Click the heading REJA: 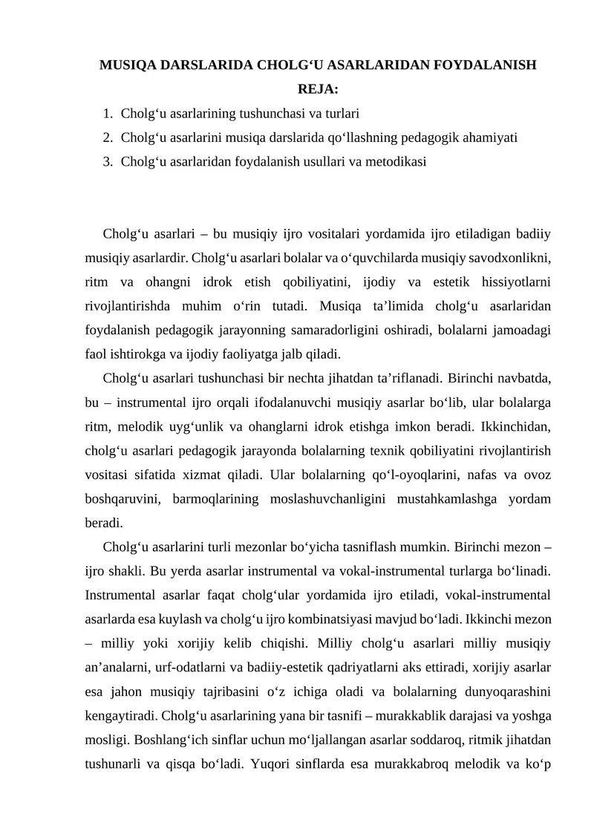click(x=318, y=90)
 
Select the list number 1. click(x=108, y=114)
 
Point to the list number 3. click(x=108, y=160)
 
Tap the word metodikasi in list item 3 click(x=393, y=160)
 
